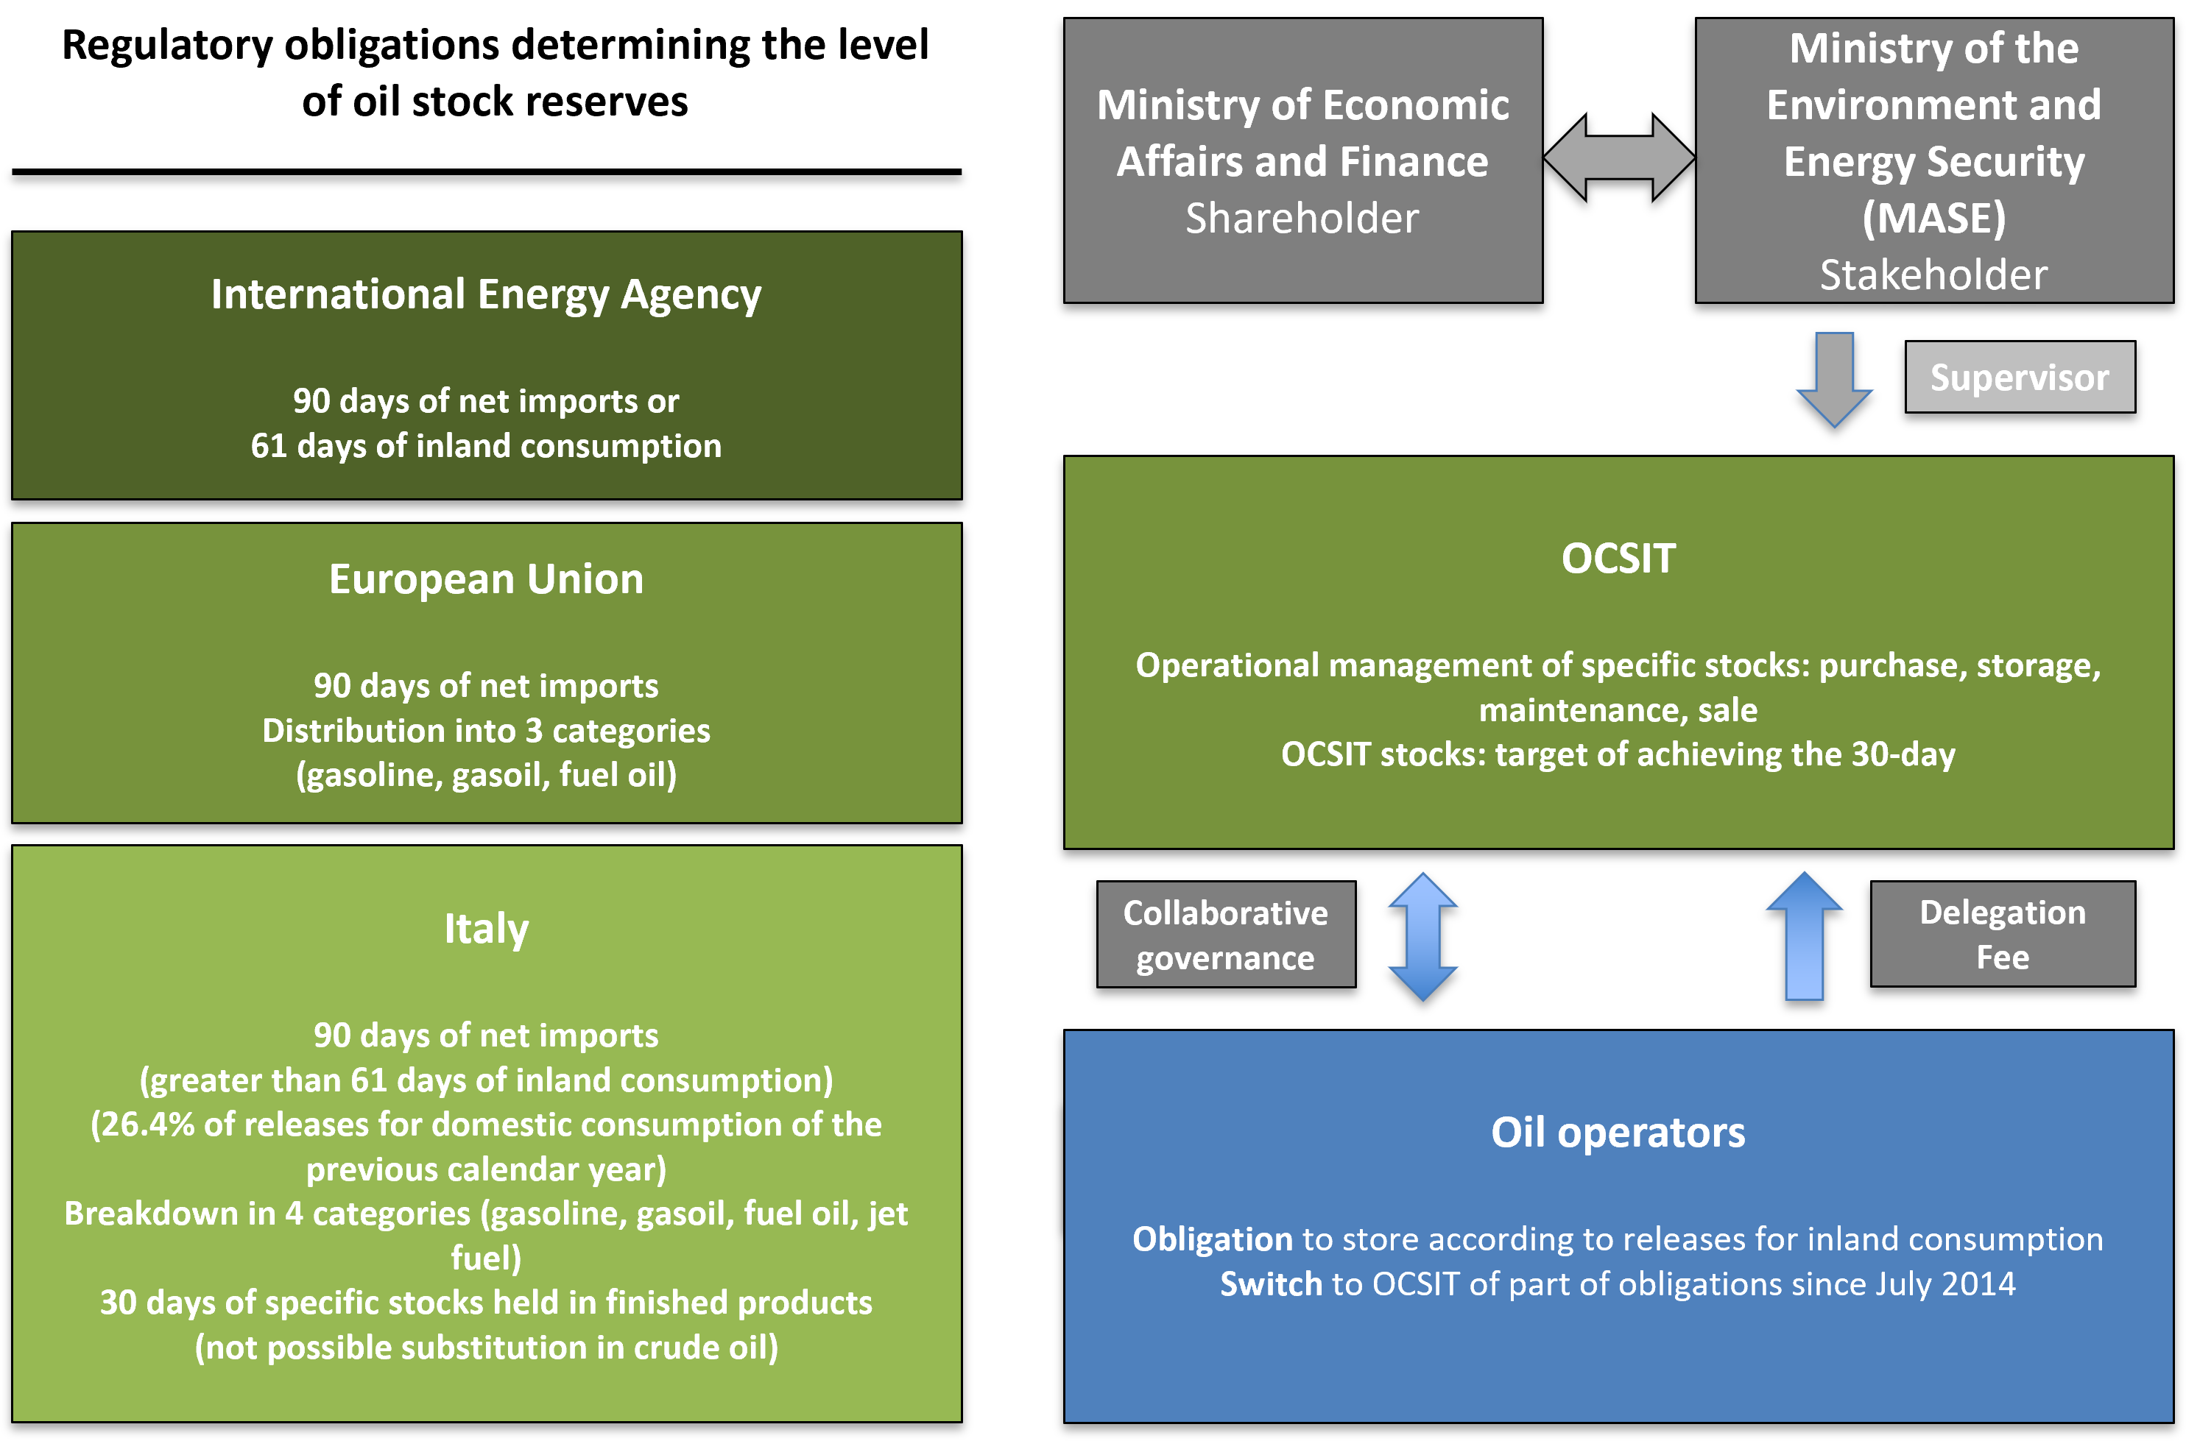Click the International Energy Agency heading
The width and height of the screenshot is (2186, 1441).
[486, 295]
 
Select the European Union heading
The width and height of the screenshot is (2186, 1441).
[486, 580]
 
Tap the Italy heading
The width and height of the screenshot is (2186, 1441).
[486, 928]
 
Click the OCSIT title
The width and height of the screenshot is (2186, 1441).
[1618, 559]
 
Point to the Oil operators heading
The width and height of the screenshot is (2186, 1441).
[1618, 1132]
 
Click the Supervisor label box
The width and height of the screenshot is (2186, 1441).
[2019, 378]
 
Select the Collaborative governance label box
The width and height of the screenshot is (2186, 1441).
[1225, 935]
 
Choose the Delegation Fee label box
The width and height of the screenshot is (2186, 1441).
[2002, 935]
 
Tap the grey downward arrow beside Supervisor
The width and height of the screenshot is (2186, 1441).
[1834, 378]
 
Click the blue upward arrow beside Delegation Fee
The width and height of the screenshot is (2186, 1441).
[1804, 936]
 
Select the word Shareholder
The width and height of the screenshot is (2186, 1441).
[1302, 219]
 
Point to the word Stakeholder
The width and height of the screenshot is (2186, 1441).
[1933, 275]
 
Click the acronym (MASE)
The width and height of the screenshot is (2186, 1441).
[1933, 219]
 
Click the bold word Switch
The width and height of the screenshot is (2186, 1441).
[1270, 1284]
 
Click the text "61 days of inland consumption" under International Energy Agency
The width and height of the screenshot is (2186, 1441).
[486, 446]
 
